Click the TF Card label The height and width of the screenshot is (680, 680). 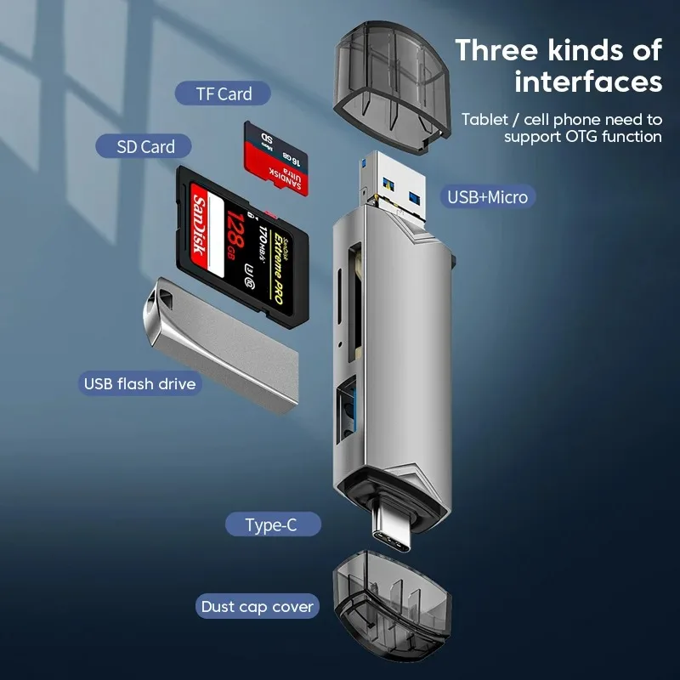(224, 93)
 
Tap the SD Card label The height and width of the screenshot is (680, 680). (146, 146)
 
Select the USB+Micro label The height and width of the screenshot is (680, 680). (488, 197)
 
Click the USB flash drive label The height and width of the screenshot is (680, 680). (139, 383)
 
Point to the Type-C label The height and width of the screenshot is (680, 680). (271, 524)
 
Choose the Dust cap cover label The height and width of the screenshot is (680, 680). (257, 607)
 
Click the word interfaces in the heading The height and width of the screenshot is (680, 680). (587, 82)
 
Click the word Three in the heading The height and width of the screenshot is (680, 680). (498, 50)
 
